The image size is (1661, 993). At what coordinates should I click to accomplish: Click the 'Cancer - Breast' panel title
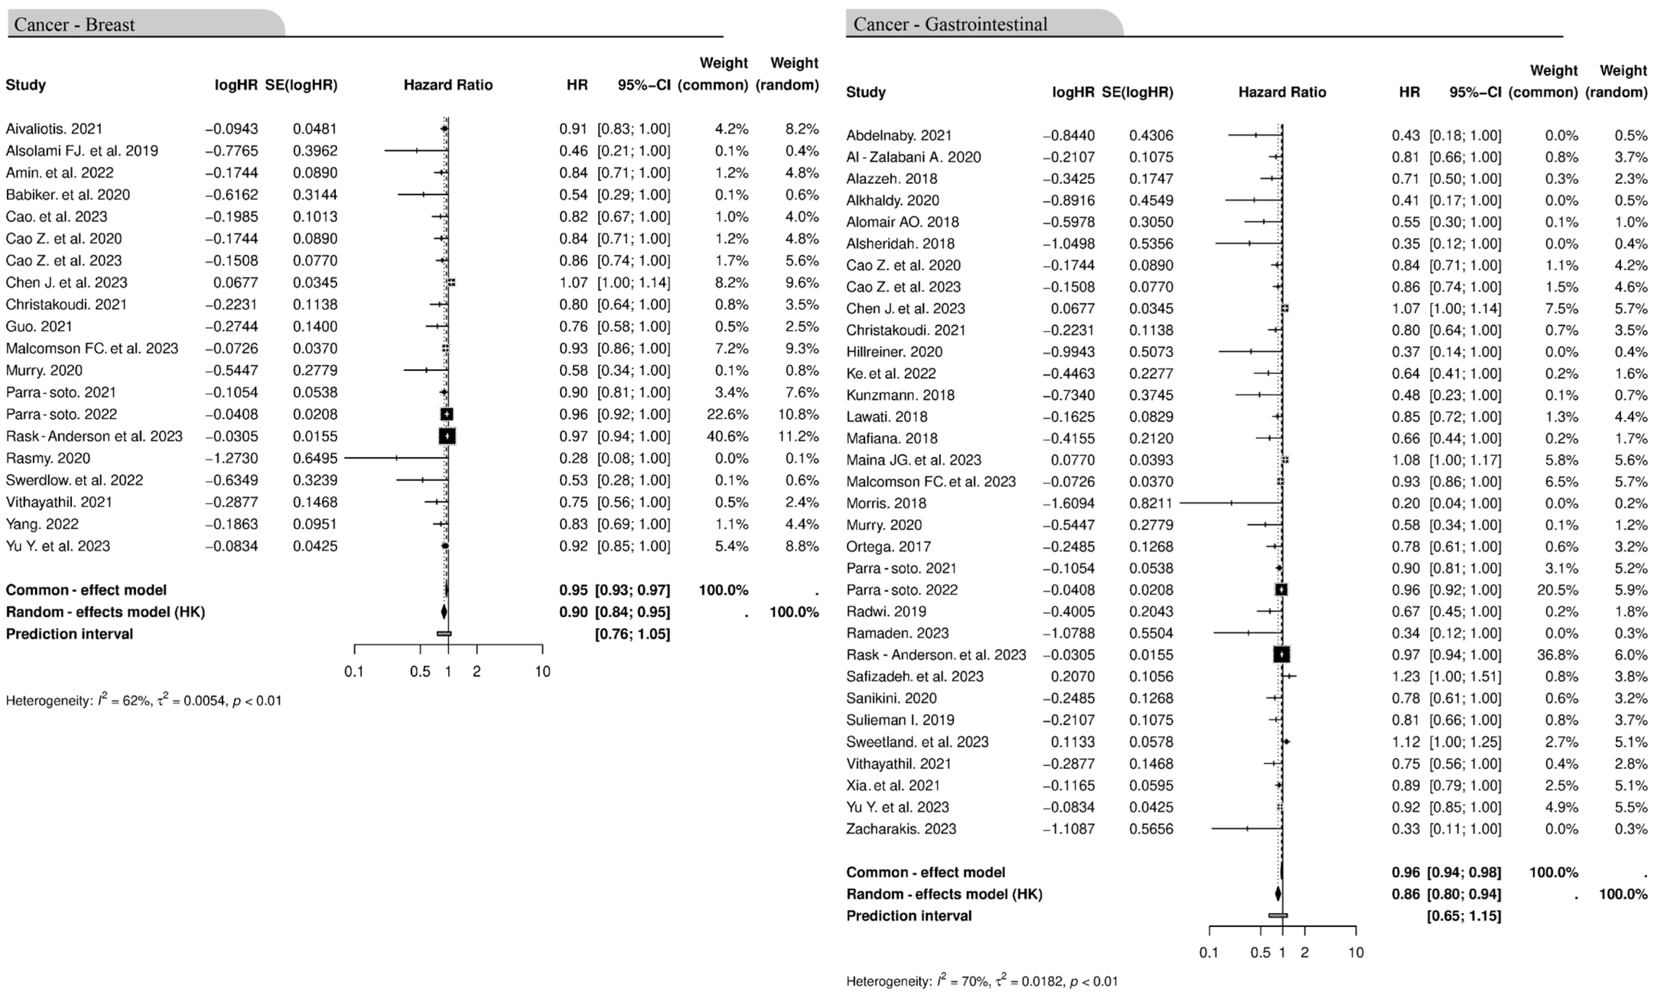click(74, 25)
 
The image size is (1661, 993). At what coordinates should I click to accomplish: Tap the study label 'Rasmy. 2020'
click(48, 458)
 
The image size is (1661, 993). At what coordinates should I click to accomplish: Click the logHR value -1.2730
click(231, 458)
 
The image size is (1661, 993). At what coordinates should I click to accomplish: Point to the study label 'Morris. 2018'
click(886, 503)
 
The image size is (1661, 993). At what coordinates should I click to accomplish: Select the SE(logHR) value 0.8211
click(1151, 503)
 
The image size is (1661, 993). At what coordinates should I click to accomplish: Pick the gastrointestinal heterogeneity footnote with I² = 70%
click(982, 982)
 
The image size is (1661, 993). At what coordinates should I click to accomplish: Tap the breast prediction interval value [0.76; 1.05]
click(633, 634)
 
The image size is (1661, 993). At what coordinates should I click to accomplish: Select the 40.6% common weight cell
click(727, 436)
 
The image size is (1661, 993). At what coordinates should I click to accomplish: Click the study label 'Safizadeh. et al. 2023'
click(915, 676)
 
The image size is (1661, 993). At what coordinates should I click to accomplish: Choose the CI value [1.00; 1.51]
click(1465, 676)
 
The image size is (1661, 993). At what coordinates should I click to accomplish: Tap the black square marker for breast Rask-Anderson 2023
click(447, 436)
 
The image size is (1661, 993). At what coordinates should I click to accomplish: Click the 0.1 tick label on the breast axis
click(354, 671)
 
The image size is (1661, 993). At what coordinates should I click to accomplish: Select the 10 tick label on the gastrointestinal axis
click(1356, 952)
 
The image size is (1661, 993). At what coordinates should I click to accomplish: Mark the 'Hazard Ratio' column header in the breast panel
click(448, 85)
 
